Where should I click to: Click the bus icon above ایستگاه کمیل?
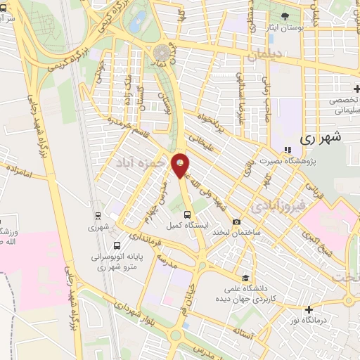coord(187,214)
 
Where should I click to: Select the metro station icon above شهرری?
coord(98,215)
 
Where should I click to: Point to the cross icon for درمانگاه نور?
coord(309,309)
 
